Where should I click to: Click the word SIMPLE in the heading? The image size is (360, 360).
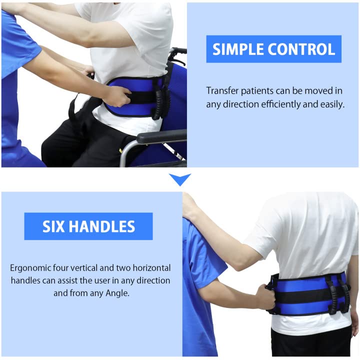click(x=238, y=49)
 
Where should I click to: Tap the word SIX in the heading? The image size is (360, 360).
click(x=53, y=226)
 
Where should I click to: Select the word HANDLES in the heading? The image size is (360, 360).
click(x=101, y=226)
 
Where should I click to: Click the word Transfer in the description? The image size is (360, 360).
click(x=222, y=90)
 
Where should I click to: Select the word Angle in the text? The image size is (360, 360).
click(x=117, y=293)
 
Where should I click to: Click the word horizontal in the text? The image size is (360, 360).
click(x=152, y=268)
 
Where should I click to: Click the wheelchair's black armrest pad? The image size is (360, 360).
click(x=161, y=136)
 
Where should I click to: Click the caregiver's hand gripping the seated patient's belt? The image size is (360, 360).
click(x=116, y=96)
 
